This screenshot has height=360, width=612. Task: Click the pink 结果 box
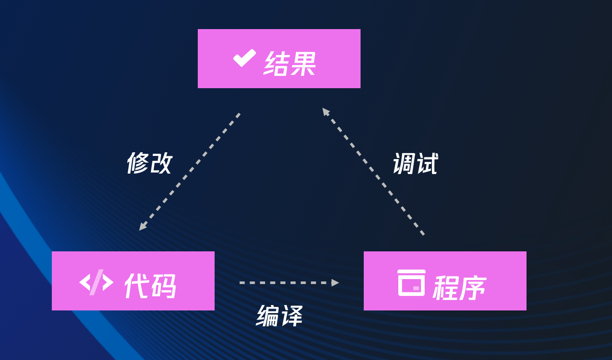coord(279,59)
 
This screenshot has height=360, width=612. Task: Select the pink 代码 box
coord(133,281)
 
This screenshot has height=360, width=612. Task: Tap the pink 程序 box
coord(445,281)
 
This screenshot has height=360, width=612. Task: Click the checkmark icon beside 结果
coord(244,58)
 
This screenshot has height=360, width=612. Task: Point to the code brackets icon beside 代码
coord(96,282)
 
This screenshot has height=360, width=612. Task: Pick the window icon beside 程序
coord(411,283)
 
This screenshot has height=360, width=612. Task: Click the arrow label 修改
coord(149,163)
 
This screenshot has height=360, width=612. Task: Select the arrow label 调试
coord(415,164)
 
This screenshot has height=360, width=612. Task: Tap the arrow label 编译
coord(279,316)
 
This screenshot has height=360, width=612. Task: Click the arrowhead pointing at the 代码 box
coord(143,226)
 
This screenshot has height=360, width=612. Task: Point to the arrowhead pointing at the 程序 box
coord(335,283)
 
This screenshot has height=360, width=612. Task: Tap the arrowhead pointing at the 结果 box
coord(326,111)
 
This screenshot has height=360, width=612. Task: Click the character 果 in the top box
coord(303,63)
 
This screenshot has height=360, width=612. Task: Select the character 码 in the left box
coord(163,286)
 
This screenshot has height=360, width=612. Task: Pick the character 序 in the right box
coord(473,287)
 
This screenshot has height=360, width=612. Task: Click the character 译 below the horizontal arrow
coord(291,316)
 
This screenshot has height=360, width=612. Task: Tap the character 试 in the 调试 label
coord(427,164)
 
